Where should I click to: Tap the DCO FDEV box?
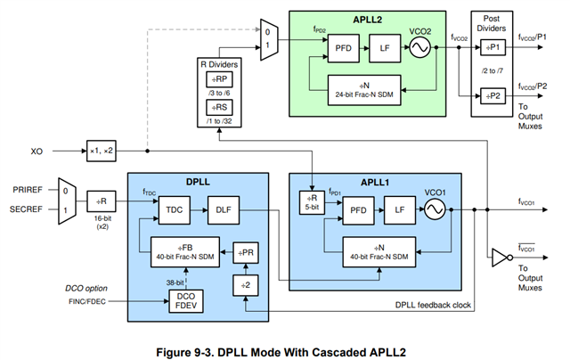pos(186,299)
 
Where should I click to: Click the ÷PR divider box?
pos(247,252)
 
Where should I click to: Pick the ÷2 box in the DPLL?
pos(247,284)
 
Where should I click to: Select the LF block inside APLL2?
pos(385,48)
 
